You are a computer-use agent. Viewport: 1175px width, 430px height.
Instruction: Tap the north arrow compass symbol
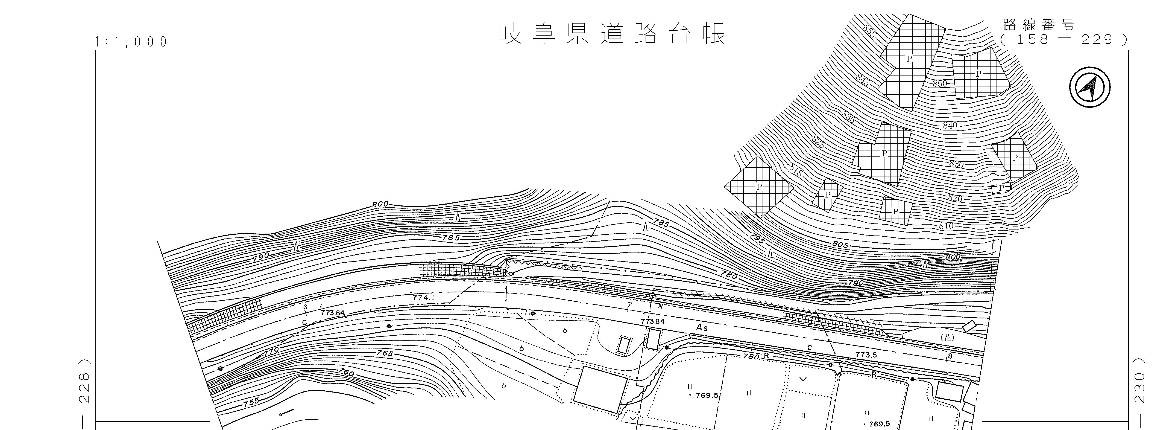(1090, 87)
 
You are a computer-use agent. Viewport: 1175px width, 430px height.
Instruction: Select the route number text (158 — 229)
(1064, 40)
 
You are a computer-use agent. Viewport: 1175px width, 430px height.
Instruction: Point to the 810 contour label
(946, 226)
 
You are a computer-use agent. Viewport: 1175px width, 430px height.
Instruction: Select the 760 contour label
(347, 373)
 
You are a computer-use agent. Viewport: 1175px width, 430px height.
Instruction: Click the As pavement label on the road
(702, 328)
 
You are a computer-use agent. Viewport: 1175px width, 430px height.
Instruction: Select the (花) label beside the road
(947, 338)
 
